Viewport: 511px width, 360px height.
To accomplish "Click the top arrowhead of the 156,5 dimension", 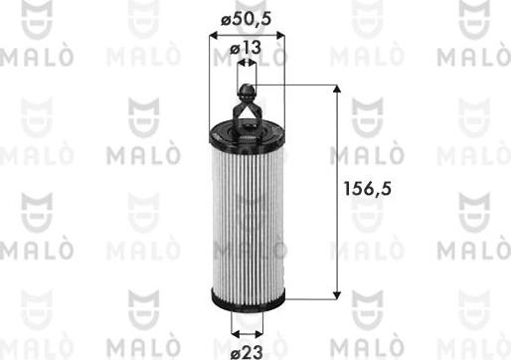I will [x=339, y=92].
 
